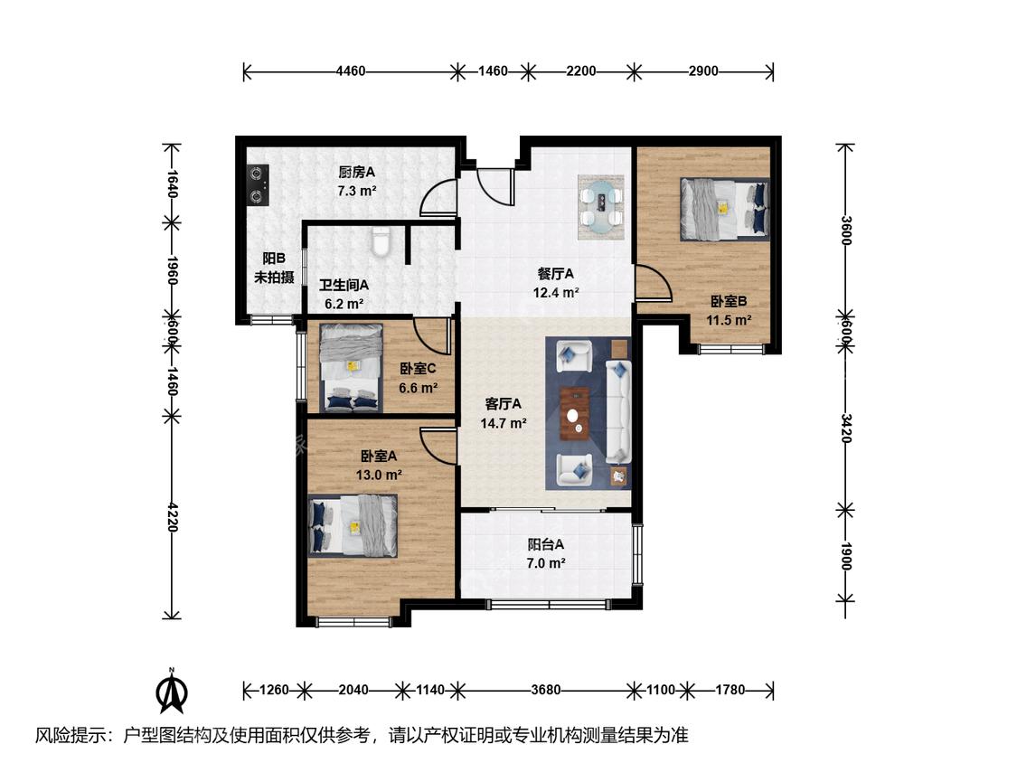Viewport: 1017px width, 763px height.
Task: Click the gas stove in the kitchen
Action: (259, 185)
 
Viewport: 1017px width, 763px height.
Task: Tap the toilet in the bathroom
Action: (381, 241)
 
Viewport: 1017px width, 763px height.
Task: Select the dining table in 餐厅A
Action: (602, 208)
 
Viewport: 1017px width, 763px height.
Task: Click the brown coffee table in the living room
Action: (575, 412)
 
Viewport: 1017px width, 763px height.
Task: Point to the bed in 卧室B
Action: (724, 209)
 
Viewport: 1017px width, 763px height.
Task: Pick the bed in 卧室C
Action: (351, 368)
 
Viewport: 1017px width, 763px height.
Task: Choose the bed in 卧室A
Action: (353, 525)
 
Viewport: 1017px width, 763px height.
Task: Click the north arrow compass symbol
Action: (172, 691)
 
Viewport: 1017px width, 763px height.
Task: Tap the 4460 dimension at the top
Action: (351, 71)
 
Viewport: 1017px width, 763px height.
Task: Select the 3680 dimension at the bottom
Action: (545, 690)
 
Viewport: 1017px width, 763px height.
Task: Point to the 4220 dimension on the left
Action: (172, 516)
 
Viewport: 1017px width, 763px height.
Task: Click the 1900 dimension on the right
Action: (845, 556)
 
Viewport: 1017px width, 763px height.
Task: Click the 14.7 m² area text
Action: (504, 424)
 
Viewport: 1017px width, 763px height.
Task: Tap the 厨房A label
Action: (356, 172)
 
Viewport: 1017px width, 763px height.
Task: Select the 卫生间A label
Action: (344, 285)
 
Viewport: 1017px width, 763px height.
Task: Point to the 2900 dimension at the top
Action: (703, 71)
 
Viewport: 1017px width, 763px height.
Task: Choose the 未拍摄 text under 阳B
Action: (274, 278)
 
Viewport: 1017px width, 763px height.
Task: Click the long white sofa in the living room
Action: (618, 412)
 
